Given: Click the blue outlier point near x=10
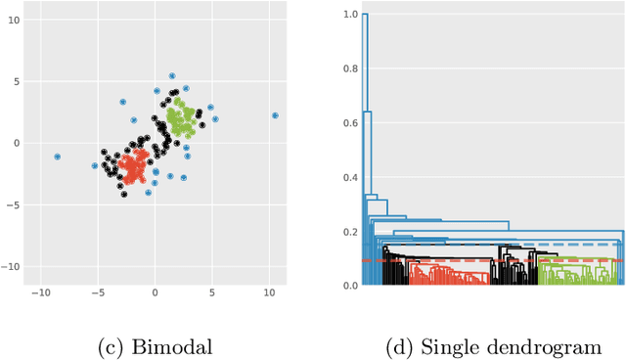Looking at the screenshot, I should tap(275, 115).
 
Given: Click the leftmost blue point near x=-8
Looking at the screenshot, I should tap(57, 157).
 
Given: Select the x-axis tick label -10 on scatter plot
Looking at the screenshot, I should tap(40, 293).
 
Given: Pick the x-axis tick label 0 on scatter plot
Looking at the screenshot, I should tap(155, 293).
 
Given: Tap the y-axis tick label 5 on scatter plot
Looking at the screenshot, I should tap(14, 81).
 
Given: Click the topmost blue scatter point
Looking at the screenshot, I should tap(172, 75).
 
